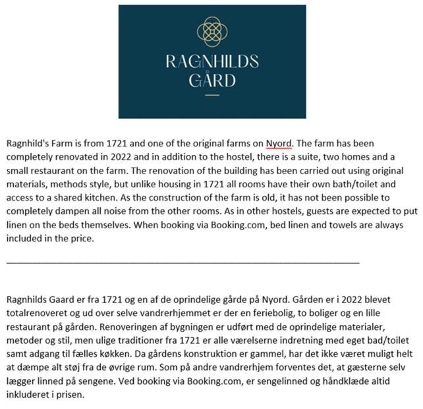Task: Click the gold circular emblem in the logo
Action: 212,32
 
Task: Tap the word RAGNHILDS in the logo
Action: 212,62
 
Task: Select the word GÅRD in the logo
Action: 212,81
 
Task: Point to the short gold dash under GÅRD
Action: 212,96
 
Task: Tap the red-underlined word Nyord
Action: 279,142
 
